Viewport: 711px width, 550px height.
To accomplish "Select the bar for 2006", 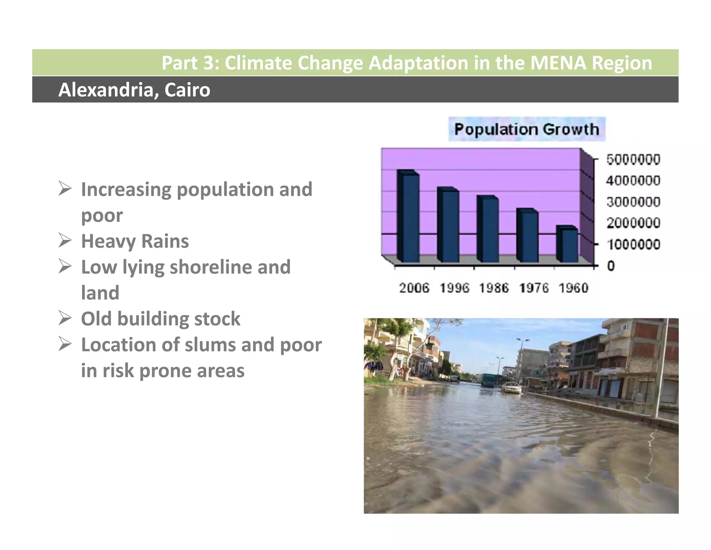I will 409,217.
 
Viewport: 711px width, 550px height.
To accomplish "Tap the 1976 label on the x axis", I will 534,288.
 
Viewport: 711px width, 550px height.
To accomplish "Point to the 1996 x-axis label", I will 454,288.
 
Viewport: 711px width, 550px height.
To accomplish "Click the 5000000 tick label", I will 633,160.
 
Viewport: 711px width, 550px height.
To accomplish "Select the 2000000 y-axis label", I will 633,223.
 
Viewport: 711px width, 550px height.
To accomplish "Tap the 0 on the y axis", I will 611,266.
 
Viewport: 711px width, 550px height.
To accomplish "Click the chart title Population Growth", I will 527,129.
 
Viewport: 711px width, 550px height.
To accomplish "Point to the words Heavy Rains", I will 135,241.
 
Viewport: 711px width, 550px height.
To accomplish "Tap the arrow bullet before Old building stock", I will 65,318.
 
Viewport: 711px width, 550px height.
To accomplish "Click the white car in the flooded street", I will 511,388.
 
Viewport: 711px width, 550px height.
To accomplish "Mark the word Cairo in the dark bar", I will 187,90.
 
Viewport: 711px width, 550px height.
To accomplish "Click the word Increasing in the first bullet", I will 126,189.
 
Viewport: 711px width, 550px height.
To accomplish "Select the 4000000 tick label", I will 633,181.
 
